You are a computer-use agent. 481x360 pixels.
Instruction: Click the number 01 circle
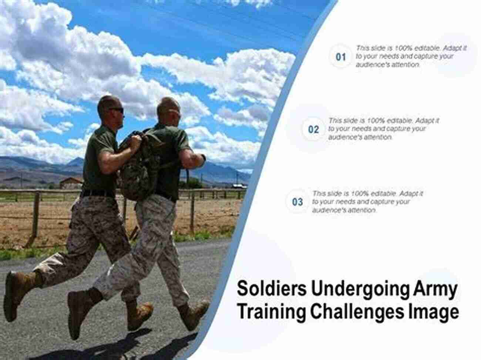tap(341, 57)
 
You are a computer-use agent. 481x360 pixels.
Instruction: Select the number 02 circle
tap(313, 129)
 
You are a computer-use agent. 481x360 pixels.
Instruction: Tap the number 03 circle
tap(297, 202)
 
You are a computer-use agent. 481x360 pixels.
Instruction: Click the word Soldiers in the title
tap(272, 289)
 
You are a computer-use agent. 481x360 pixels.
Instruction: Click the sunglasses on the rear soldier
tap(116, 110)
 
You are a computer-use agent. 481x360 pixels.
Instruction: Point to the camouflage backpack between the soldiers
tap(138, 166)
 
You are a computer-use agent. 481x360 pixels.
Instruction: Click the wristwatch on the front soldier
tap(203, 157)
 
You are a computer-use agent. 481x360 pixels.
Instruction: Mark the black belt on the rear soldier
tap(98, 193)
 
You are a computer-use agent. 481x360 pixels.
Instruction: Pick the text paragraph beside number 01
tap(411, 56)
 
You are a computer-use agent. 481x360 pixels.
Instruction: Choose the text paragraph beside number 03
tap(367, 202)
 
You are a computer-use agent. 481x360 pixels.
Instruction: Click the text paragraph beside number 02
tap(383, 129)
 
